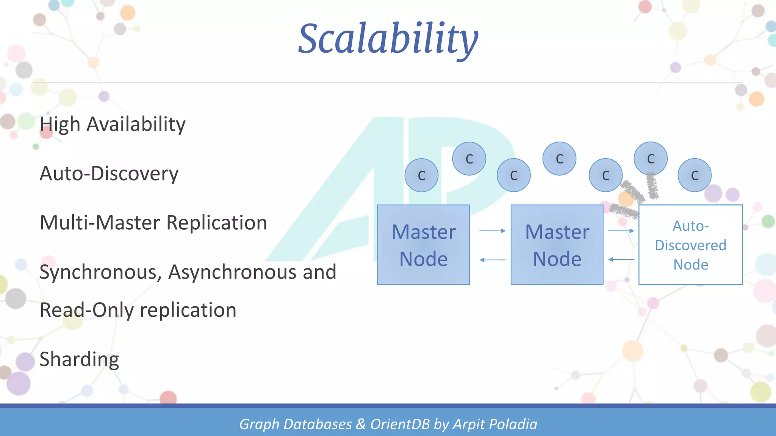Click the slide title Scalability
(x=388, y=39)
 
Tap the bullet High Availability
(x=113, y=124)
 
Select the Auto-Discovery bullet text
(x=109, y=174)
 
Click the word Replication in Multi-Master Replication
(x=217, y=223)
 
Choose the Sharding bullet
(x=79, y=359)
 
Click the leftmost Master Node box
(x=423, y=245)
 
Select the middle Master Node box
(x=557, y=245)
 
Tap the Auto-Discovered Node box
(x=690, y=245)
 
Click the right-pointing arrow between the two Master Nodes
(x=492, y=230)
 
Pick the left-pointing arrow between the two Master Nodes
(x=492, y=260)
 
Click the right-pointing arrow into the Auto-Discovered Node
(x=621, y=230)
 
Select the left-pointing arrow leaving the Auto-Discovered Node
(x=621, y=260)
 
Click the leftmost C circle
(x=421, y=175)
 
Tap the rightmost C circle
(x=694, y=175)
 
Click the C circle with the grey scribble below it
(x=650, y=159)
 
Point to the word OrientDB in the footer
(x=400, y=424)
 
